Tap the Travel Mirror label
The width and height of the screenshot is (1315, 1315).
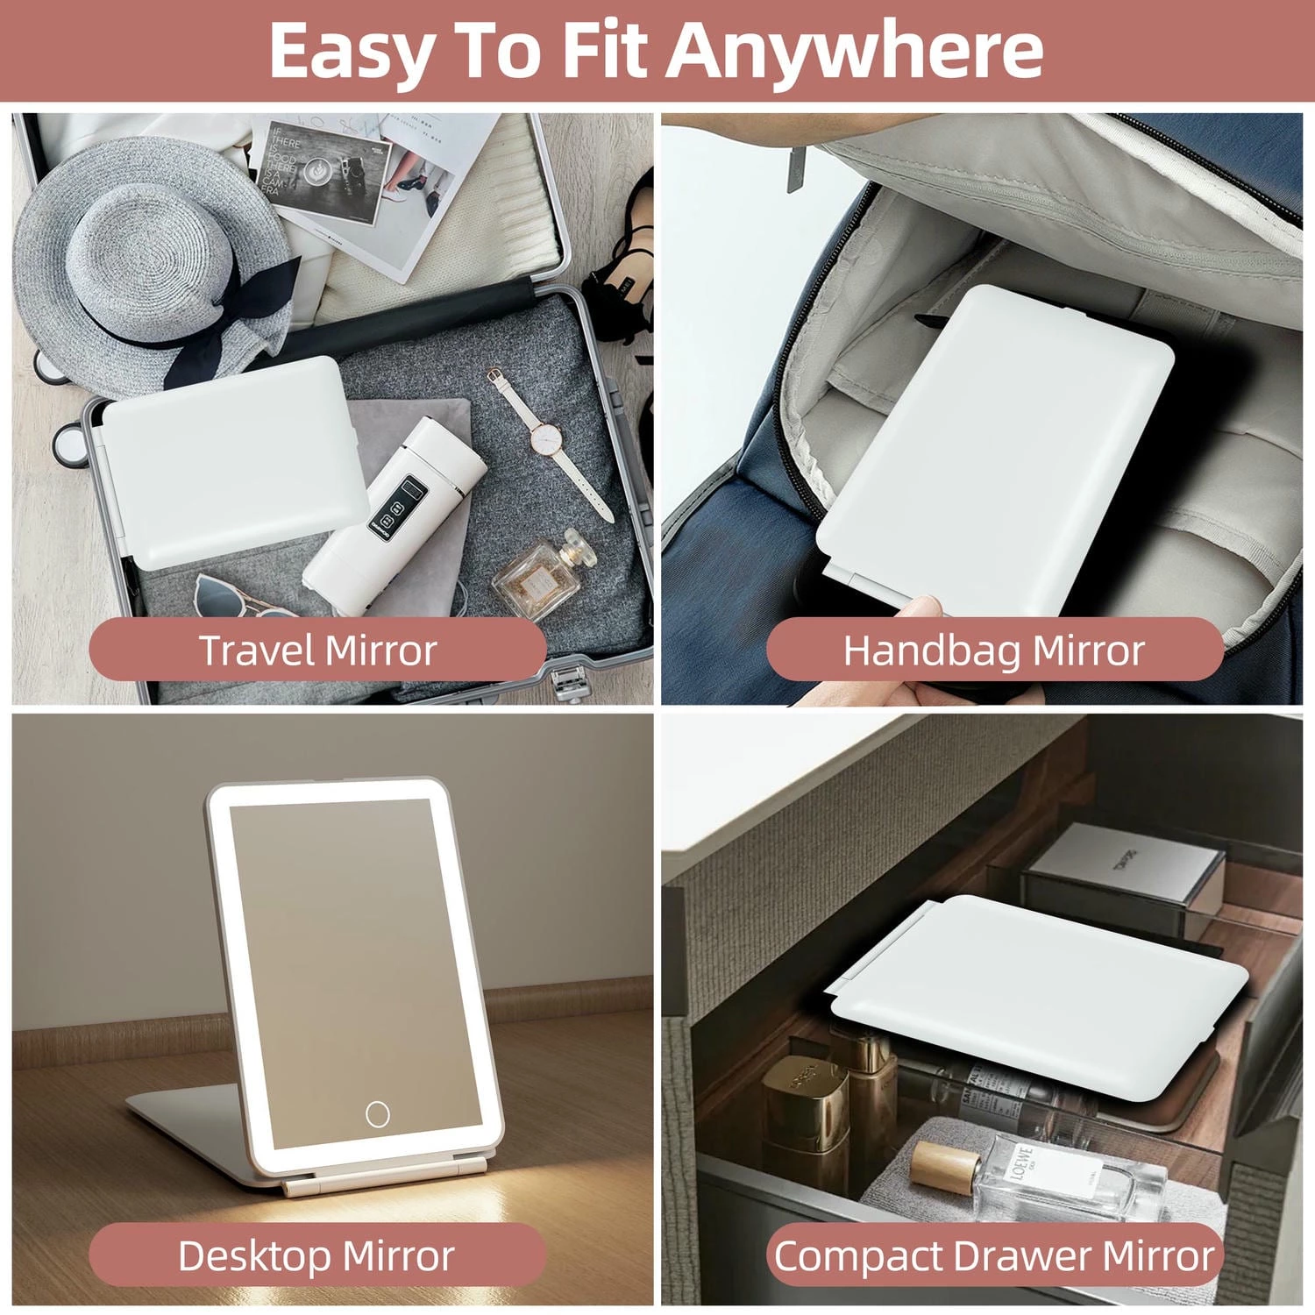click(317, 650)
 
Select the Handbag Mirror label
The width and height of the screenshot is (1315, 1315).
click(994, 650)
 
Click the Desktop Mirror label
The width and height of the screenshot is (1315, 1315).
click(316, 1255)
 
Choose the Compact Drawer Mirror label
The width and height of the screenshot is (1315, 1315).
click(994, 1255)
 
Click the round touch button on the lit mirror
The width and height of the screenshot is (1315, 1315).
click(378, 1114)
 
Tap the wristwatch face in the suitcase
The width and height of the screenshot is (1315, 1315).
click(545, 436)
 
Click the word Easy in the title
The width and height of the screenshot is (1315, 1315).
click(351, 51)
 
